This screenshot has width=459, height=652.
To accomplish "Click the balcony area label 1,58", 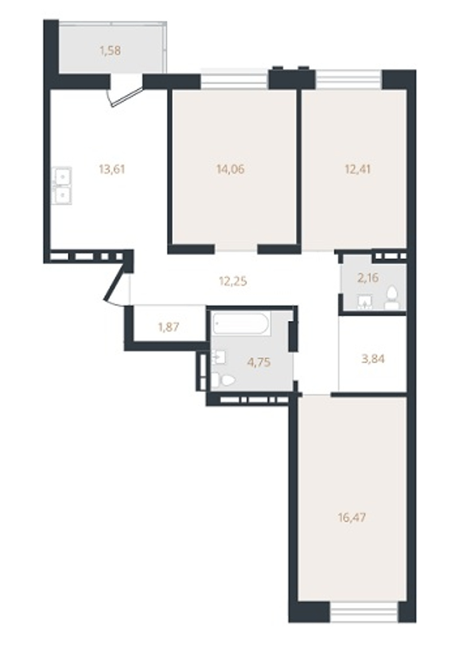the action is [x=110, y=51].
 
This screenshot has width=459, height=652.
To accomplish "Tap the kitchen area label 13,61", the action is [x=112, y=169].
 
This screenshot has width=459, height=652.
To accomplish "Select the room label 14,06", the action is [x=230, y=169].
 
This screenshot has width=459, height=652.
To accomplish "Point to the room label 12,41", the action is [x=357, y=169].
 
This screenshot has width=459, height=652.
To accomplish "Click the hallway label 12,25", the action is [x=233, y=281].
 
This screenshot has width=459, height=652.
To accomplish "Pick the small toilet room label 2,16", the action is [x=368, y=277].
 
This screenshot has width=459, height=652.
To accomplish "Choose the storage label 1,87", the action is [x=168, y=327].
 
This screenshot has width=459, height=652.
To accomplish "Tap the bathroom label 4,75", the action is [x=259, y=362].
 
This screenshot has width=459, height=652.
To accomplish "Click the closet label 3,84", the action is [x=373, y=359].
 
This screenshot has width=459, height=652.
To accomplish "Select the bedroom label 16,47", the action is [x=352, y=518].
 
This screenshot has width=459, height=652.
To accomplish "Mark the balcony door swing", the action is [x=125, y=96].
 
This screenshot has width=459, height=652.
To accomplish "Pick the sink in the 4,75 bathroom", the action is [x=219, y=357].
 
